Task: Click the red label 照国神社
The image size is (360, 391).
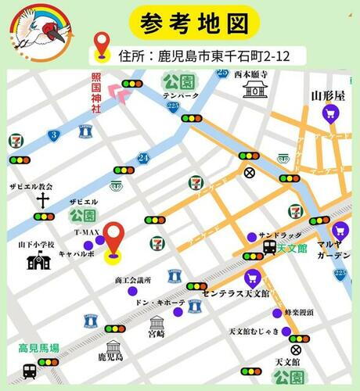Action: coord(95,92)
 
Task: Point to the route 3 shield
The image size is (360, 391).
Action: coord(53,135)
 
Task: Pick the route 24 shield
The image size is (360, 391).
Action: coord(142,158)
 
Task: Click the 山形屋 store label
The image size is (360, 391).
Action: coord(328,95)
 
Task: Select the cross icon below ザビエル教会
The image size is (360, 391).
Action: coord(42,200)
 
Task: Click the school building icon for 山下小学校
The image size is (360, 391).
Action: coord(38,262)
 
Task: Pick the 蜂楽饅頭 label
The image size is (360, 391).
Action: coord(299,311)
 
